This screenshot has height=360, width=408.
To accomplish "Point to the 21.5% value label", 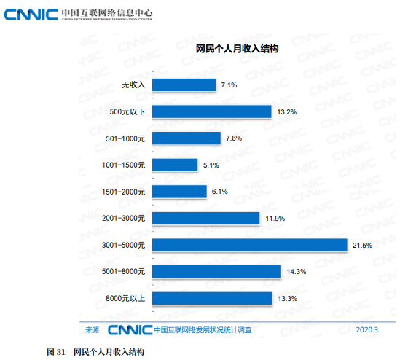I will [362, 246].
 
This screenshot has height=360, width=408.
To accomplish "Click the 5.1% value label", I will [211, 165].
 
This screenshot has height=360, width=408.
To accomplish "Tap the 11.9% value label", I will [274, 219].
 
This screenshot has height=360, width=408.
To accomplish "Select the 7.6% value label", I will [234, 138].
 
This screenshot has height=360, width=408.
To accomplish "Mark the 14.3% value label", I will [296, 272].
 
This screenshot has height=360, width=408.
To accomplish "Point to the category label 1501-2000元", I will [124, 192].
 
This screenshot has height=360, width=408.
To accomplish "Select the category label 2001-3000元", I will [124, 219].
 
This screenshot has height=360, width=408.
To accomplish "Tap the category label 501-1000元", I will [126, 138].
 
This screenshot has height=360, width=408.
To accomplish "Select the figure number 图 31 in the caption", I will [56, 352].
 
